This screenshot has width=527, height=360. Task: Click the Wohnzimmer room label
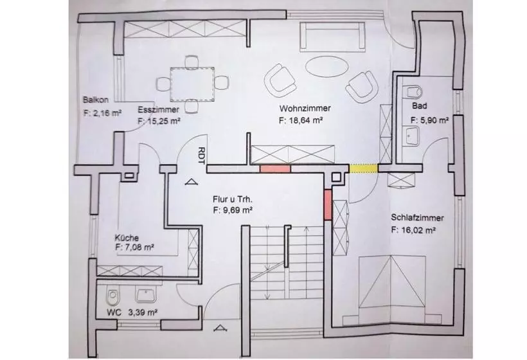tap(305, 109)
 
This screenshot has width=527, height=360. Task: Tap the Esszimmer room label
tap(158, 109)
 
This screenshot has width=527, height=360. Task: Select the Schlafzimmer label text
tap(417, 218)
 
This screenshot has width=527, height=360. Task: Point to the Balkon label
tap(96, 100)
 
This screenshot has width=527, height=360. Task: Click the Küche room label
tap(127, 238)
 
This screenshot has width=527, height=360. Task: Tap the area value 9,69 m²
tap(238, 210)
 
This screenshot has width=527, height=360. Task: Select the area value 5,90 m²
tap(434, 120)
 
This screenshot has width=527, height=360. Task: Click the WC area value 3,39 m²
tap(143, 312)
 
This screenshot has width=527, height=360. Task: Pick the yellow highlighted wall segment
tap(364, 168)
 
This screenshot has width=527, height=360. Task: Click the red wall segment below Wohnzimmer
tap(275, 168)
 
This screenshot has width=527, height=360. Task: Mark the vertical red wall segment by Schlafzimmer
tap(328, 204)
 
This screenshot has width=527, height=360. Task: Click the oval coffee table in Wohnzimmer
tap(326, 66)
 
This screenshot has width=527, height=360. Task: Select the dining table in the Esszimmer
tap(192, 84)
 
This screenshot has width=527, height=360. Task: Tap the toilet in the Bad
tap(413, 91)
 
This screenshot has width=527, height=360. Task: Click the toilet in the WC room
tap(112, 296)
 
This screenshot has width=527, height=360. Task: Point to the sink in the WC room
tap(145, 294)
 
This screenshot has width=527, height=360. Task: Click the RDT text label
tap(201, 156)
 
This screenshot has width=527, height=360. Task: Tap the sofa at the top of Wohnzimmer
tap(332, 37)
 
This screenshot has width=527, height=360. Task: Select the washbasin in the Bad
tap(410, 136)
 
